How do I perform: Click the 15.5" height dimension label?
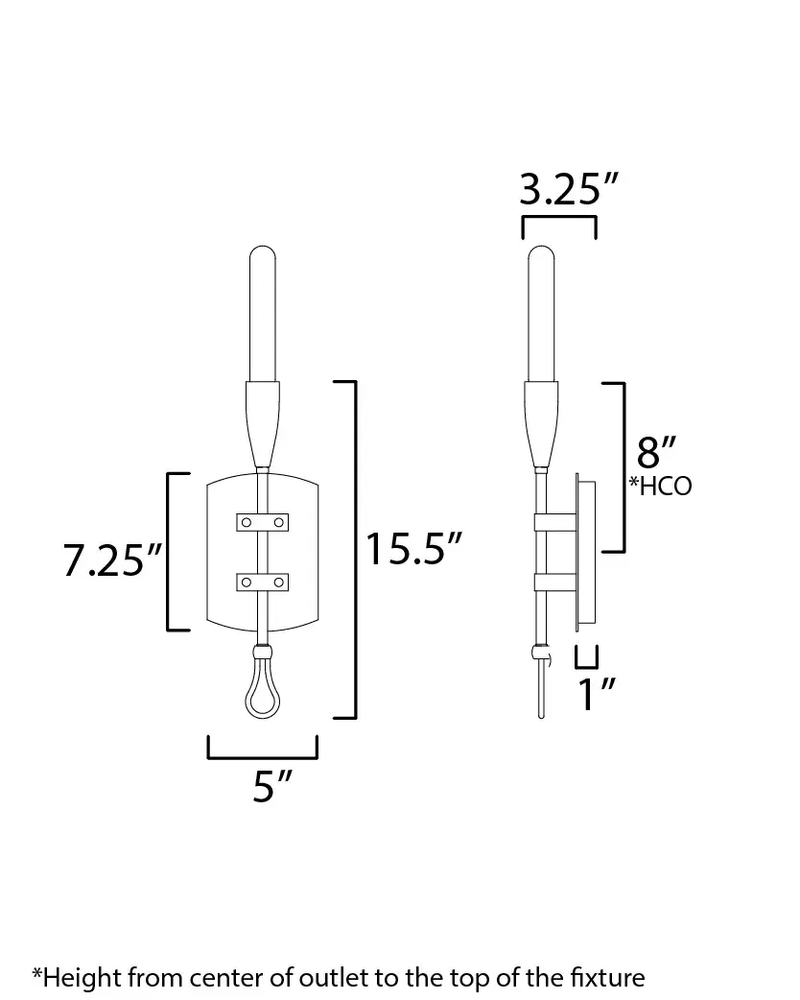(414, 551)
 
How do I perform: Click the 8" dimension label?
(657, 451)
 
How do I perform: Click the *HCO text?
(661, 486)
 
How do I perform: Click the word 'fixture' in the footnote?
(607, 978)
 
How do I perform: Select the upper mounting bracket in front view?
(262, 521)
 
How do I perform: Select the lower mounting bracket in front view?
(262, 582)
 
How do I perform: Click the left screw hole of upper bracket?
(246, 521)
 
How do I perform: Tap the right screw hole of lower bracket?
(279, 582)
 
